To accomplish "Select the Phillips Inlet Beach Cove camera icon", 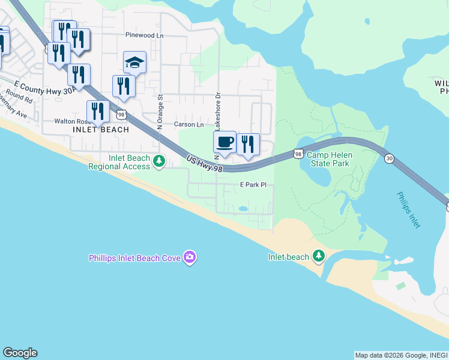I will (190, 257).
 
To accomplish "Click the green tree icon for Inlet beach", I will (319, 257).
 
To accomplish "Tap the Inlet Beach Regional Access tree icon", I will (159, 161).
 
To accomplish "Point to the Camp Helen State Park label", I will (329, 159).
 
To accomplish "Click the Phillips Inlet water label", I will (408, 209).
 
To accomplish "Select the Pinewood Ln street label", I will (144, 35).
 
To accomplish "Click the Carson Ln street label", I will (189, 124).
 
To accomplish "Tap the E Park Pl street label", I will (253, 185).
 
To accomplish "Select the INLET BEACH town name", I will (101, 130).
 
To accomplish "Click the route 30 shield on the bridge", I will (390, 158).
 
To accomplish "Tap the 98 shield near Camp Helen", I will (298, 154).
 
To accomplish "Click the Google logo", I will (20, 353).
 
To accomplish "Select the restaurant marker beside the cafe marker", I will (247, 145).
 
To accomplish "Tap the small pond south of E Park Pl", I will (243, 209).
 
